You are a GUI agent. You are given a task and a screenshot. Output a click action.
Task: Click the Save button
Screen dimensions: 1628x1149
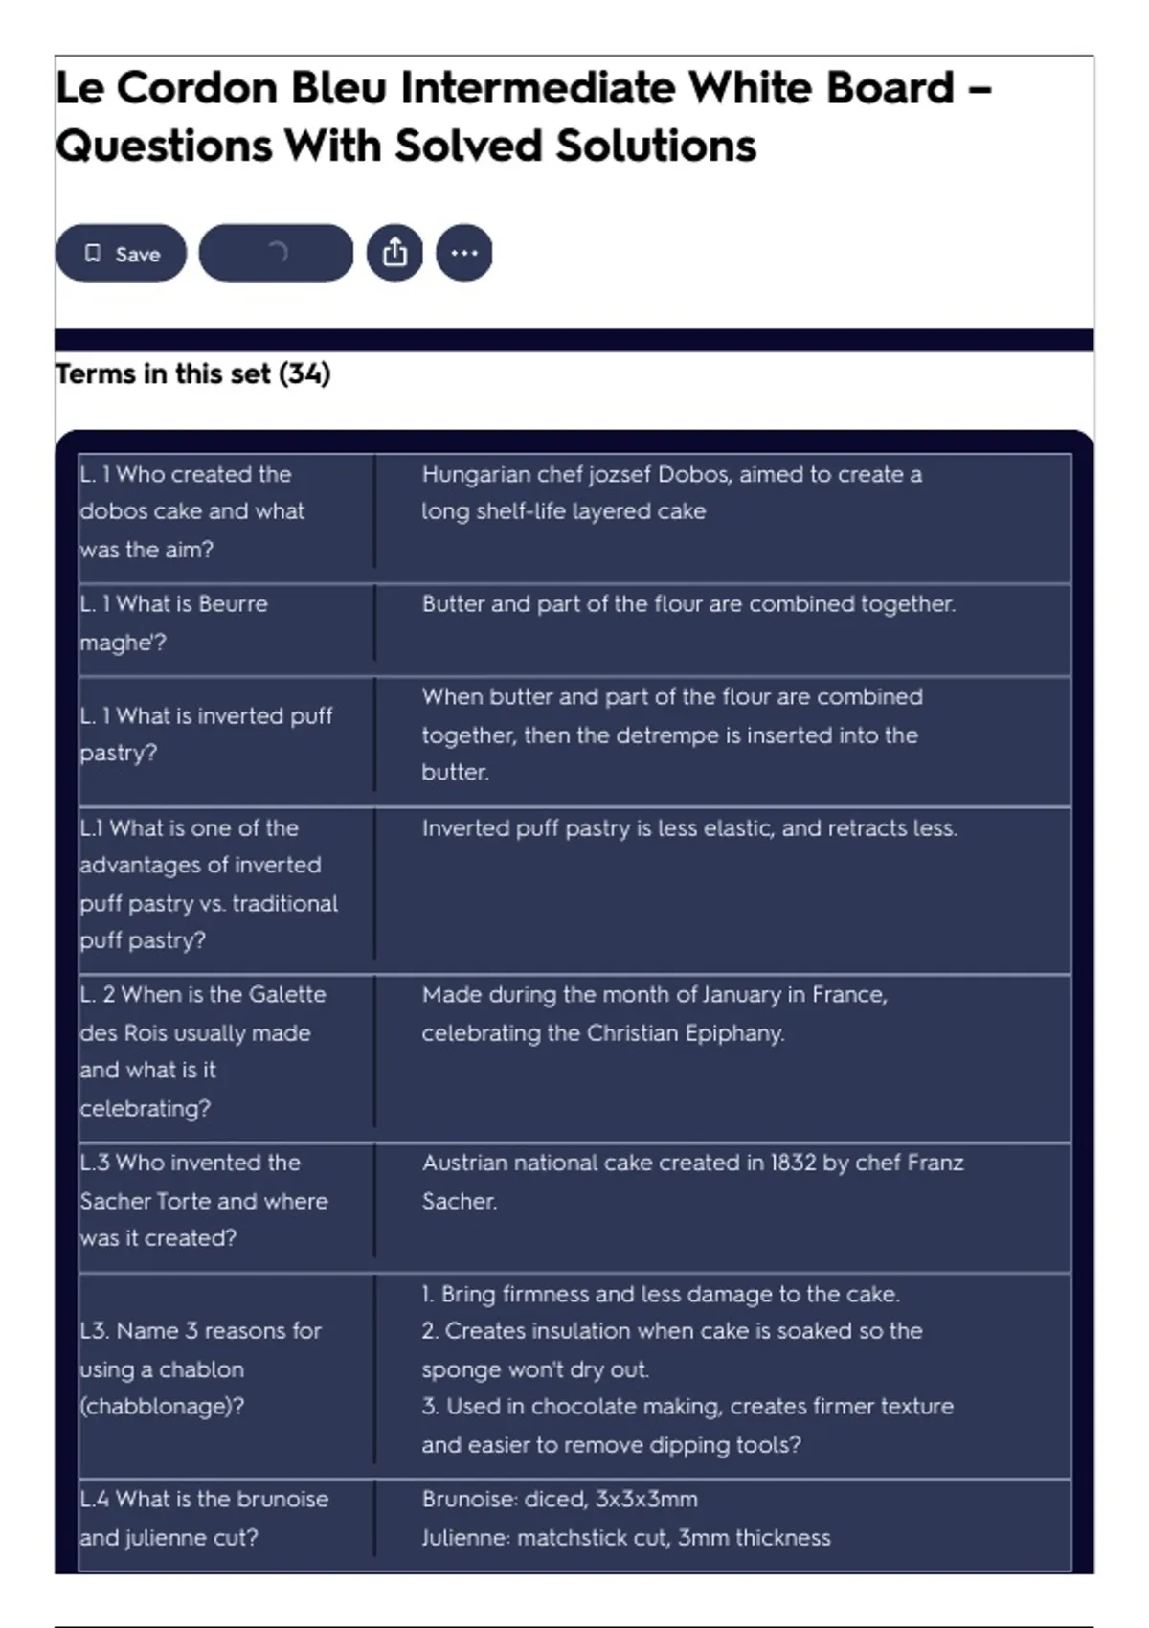[121, 254]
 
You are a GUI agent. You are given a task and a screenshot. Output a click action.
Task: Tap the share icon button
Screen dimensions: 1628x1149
[394, 254]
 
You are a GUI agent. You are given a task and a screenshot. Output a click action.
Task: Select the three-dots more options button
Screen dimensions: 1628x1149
[464, 254]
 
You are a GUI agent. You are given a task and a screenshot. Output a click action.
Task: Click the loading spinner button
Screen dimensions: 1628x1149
[276, 254]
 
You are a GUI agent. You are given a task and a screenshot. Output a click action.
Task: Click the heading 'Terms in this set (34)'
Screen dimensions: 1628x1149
[192, 373]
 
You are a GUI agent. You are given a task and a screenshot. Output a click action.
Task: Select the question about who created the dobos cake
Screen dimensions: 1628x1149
[191, 511]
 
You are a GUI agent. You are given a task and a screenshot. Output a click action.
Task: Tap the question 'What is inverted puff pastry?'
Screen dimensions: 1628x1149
[206, 735]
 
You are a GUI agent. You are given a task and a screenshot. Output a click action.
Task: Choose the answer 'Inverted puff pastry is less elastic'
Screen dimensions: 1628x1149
[689, 828]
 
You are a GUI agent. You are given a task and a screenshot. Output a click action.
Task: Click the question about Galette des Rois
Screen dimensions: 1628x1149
[202, 1051]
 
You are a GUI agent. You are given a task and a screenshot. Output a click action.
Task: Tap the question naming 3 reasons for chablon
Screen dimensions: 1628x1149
[200, 1368]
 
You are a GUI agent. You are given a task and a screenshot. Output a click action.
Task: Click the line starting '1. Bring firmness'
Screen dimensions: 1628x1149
[661, 1294]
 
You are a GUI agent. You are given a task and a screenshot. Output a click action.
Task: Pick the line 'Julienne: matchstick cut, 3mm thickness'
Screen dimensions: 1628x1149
[626, 1537]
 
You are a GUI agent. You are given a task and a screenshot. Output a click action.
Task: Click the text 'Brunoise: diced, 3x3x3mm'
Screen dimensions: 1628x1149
[560, 1499]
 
